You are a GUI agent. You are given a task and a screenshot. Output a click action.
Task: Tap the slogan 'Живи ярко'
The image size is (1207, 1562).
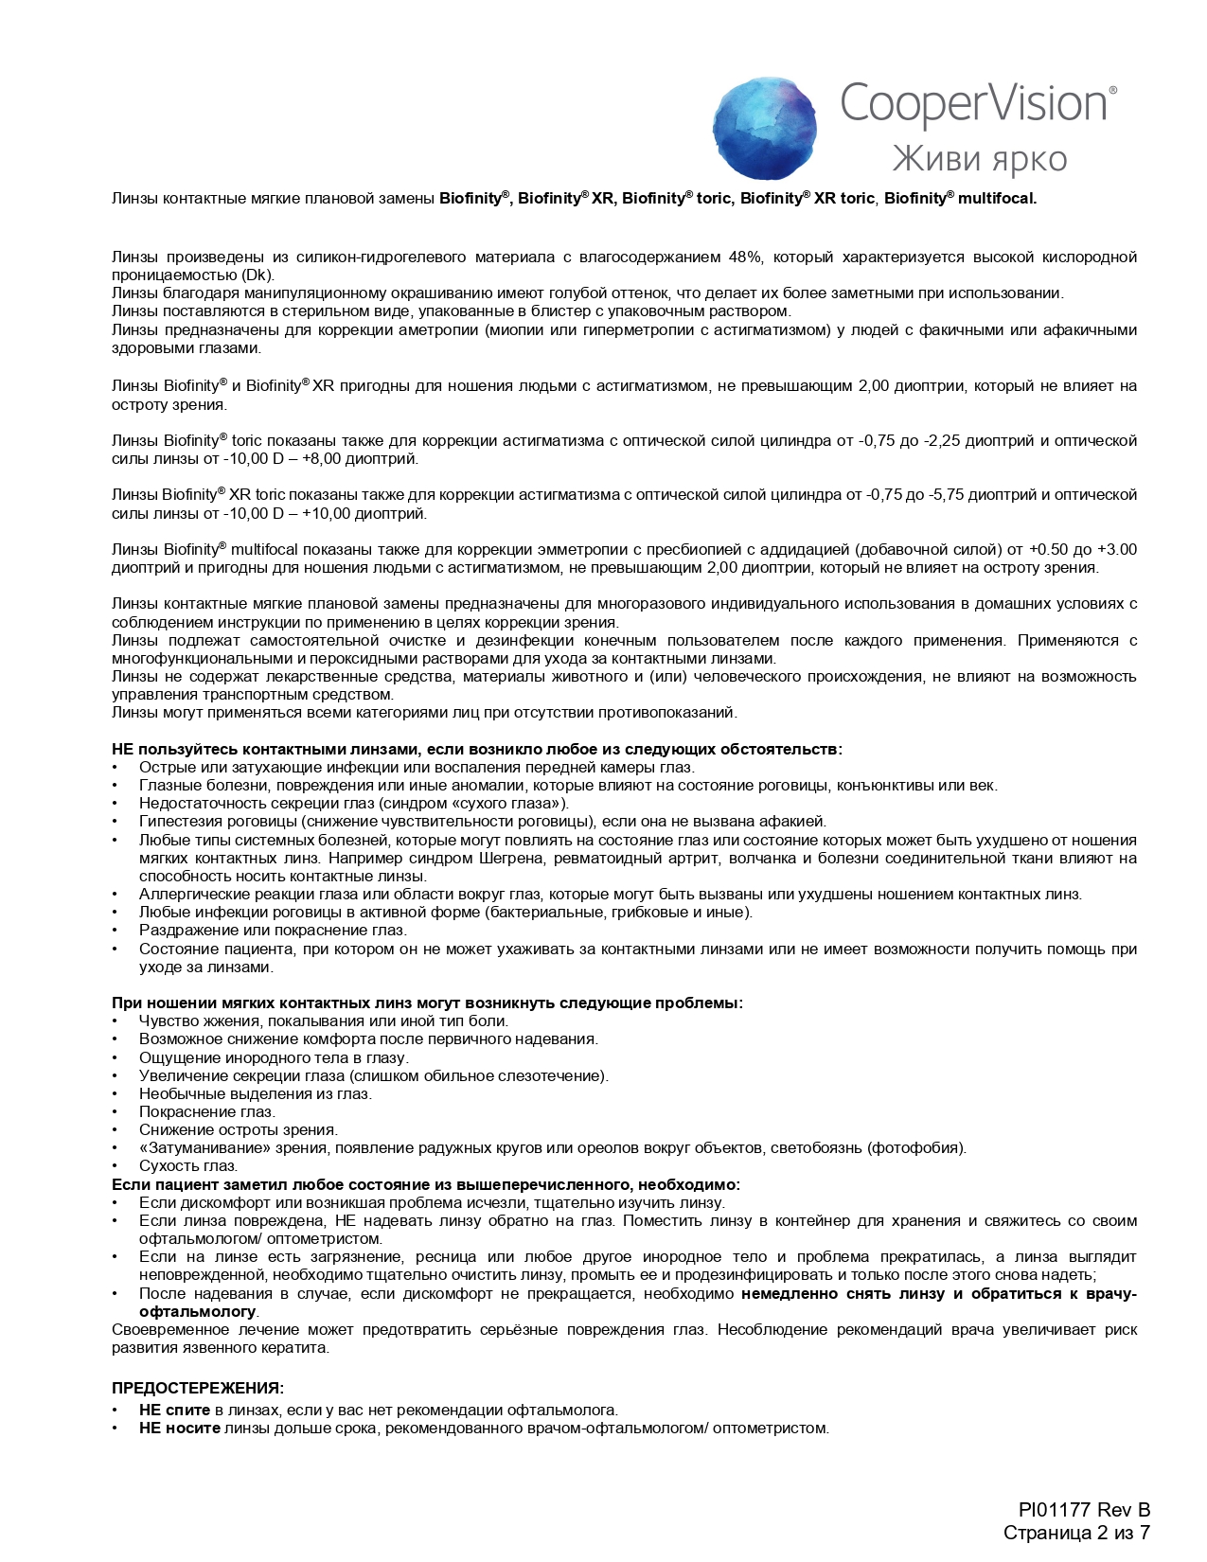(979, 158)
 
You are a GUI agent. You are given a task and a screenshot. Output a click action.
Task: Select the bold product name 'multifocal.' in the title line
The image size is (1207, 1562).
(998, 199)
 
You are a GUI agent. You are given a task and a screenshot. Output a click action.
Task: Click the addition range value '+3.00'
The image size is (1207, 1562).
(1116, 550)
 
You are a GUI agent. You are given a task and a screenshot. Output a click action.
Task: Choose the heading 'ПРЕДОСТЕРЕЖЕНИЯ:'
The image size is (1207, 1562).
(197, 1389)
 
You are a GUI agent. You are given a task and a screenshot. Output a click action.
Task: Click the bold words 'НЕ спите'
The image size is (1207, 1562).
(174, 1411)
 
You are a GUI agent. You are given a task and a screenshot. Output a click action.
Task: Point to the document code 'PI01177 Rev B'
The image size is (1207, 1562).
(1084, 1510)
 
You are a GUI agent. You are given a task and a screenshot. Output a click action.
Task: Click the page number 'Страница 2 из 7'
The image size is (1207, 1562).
(1076, 1533)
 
